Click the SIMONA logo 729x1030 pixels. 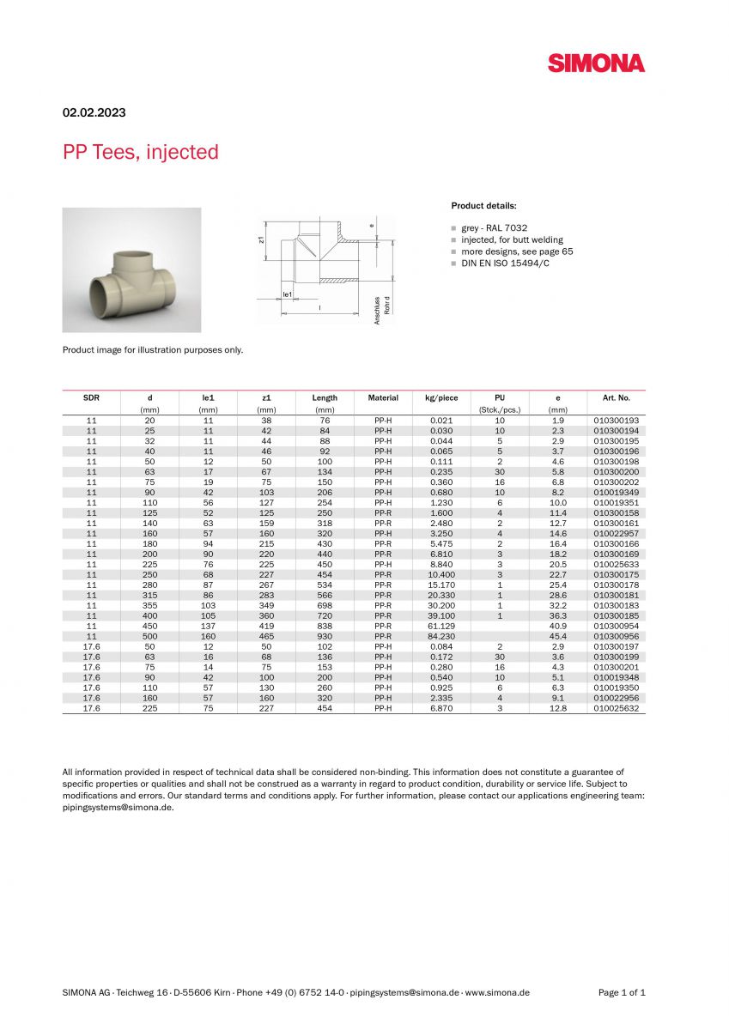click(x=596, y=63)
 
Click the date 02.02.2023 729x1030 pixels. click(x=94, y=112)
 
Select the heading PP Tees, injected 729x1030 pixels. click(x=140, y=152)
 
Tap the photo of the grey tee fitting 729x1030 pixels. click(x=131, y=270)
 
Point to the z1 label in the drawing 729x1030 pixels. click(x=261, y=239)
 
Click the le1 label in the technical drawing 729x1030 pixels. click(x=289, y=294)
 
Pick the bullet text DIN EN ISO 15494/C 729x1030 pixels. click(x=505, y=264)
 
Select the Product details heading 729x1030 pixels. click(x=483, y=206)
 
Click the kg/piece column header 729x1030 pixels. click(x=441, y=398)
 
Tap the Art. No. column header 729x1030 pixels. click(x=616, y=398)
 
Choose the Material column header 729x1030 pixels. click(x=383, y=398)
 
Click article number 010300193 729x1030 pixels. click(x=617, y=421)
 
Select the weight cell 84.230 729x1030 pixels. click(x=441, y=636)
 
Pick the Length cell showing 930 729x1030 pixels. click(x=325, y=636)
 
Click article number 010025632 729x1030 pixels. click(x=617, y=708)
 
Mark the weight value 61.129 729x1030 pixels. click(x=441, y=626)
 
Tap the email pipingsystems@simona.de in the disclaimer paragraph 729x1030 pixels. click(x=118, y=807)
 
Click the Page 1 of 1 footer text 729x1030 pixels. click(x=622, y=992)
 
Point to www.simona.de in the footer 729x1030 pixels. click(x=497, y=992)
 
